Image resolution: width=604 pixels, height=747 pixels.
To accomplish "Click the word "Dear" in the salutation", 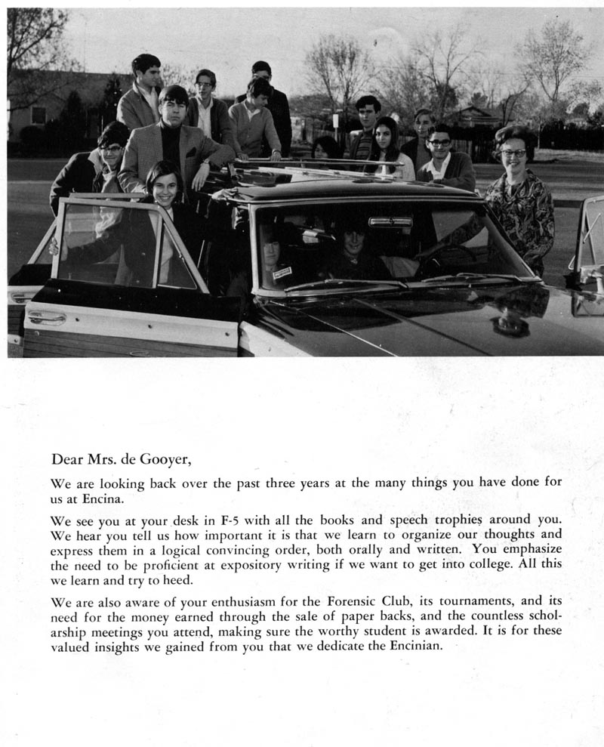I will tap(66, 458).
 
